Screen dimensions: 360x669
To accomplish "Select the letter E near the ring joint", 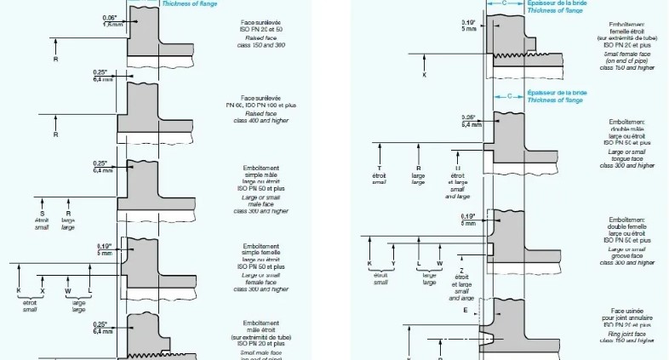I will coord(465,311).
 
